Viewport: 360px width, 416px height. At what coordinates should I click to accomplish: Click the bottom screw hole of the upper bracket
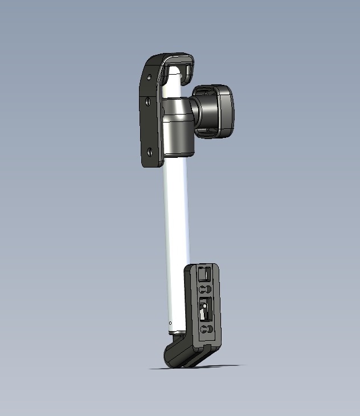pyautogui.click(x=149, y=152)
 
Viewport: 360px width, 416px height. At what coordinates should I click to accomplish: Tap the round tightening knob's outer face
pyautogui.click(x=222, y=111)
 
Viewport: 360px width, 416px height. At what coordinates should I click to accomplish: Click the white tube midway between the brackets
pyautogui.click(x=175, y=228)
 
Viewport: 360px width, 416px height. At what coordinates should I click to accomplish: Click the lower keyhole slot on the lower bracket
pyautogui.click(x=206, y=330)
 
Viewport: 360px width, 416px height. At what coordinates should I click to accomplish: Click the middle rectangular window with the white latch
pyautogui.click(x=204, y=311)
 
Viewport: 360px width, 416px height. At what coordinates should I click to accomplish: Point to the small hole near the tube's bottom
pyautogui.click(x=170, y=323)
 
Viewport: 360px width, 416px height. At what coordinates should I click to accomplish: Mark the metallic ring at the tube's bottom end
pyautogui.click(x=177, y=332)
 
